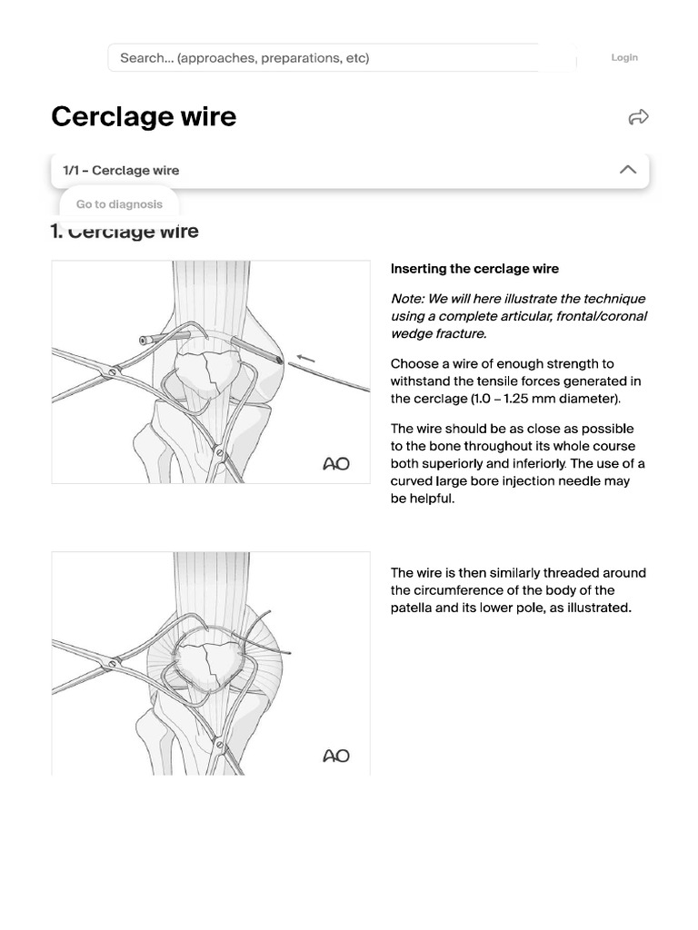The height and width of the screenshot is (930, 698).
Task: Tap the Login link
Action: click(x=624, y=57)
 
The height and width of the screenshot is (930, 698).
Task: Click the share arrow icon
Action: click(x=638, y=117)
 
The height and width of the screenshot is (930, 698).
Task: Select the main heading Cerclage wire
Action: click(x=144, y=116)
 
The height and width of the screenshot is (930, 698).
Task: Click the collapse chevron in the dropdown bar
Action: click(x=627, y=170)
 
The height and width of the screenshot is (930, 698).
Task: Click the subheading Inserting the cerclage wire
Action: click(x=474, y=269)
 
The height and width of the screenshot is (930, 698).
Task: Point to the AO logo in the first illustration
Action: click(x=336, y=464)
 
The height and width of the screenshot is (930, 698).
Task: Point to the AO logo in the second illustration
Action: click(x=336, y=756)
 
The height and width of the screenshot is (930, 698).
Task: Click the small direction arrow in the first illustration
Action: click(x=305, y=360)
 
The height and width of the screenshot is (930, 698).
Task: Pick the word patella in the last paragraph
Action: click(x=411, y=608)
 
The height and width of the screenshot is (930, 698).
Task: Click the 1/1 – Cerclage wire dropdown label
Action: click(x=121, y=170)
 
